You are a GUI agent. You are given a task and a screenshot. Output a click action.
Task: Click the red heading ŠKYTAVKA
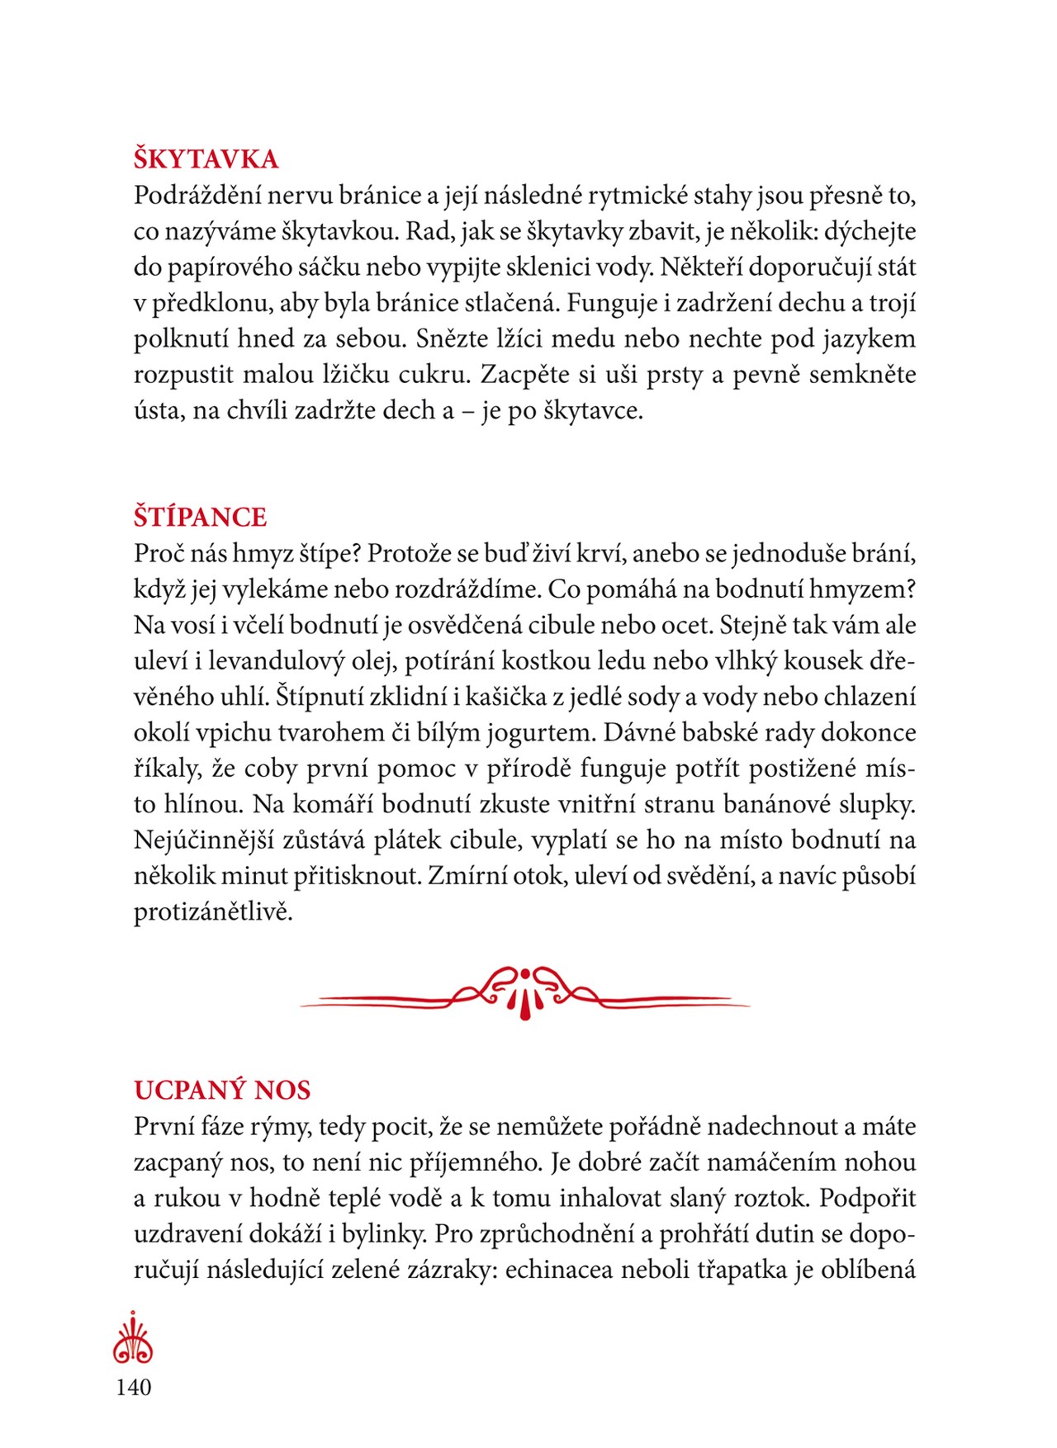coord(206,159)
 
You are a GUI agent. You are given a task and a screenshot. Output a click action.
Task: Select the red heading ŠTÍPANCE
coord(200,517)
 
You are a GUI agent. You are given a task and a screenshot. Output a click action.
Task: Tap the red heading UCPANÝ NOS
coord(222,1090)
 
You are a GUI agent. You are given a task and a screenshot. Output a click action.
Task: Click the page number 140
coord(134,1386)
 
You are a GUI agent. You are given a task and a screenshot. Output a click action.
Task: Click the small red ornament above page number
coord(133,1337)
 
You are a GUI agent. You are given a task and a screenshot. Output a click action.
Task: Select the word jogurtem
coord(535,733)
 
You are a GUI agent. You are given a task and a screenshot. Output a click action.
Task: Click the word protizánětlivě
coord(213,912)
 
